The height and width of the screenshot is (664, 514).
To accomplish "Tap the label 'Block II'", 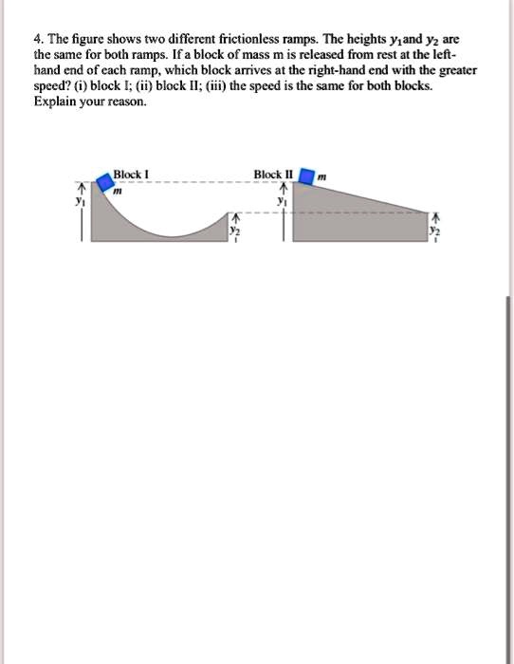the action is pos(273,174).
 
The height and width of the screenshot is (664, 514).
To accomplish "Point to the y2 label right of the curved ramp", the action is pos(237,229).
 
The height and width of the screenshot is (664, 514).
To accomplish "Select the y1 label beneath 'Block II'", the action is pos(281,200).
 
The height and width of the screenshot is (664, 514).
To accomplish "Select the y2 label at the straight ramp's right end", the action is pos(435,229).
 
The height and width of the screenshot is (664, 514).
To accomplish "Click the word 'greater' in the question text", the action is pos(457,70).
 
